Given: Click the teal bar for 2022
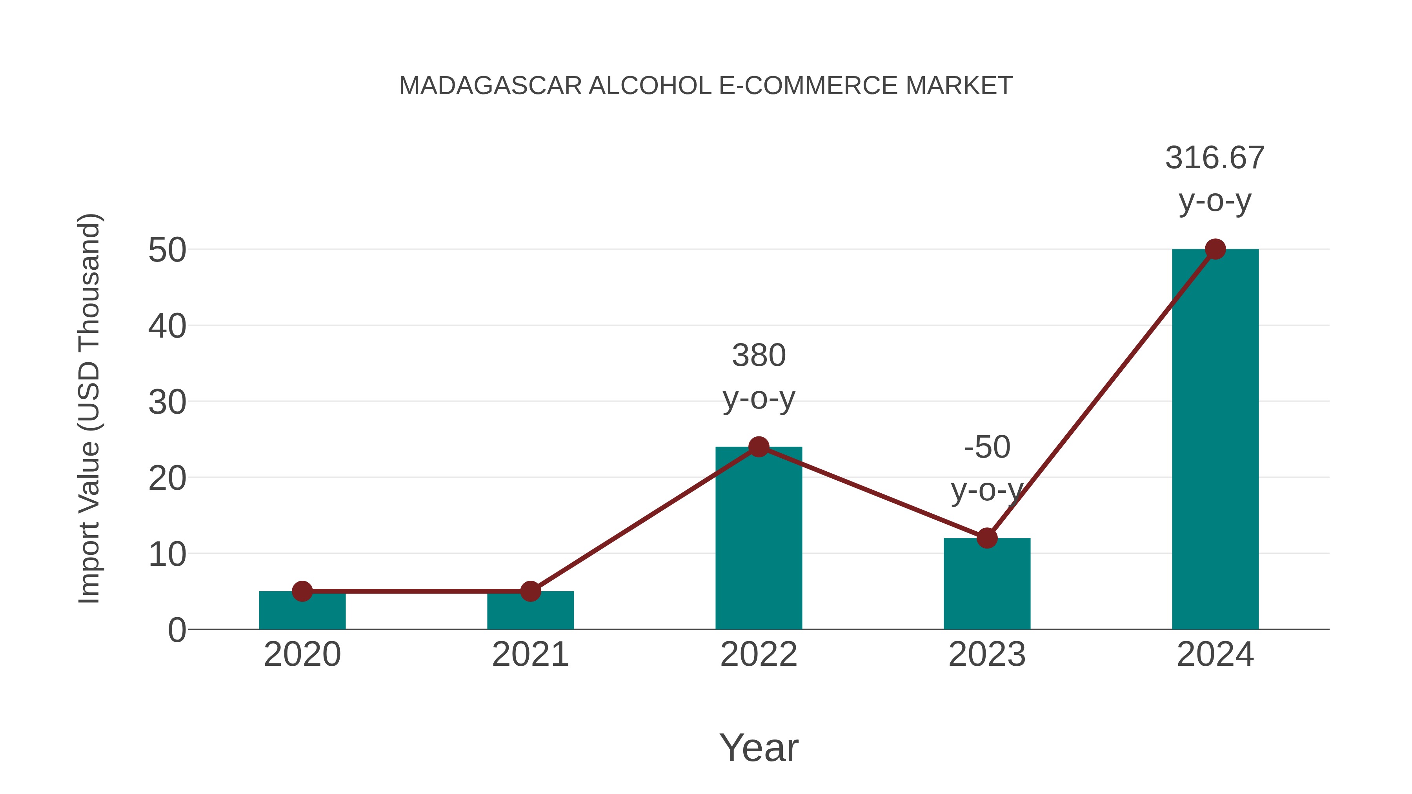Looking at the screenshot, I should (x=759, y=543).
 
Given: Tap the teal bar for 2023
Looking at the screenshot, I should (x=987, y=586).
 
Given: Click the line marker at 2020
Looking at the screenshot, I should (x=302, y=591).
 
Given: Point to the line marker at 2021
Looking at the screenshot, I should (x=530, y=591).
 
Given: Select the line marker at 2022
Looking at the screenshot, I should (x=759, y=447).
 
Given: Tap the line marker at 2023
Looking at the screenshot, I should (x=987, y=538).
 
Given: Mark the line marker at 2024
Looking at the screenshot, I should (x=1215, y=249).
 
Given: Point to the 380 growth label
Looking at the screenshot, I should (x=759, y=356).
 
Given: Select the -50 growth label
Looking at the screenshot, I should (x=987, y=447).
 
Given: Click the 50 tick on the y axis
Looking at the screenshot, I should (x=167, y=251).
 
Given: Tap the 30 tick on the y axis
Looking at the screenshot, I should (x=167, y=403).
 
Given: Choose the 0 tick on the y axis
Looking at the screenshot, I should (x=176, y=630).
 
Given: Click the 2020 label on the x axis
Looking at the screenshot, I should (x=302, y=654).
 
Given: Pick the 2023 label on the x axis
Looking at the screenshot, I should (x=987, y=654).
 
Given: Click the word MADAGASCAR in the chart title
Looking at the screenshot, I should (x=490, y=86).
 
